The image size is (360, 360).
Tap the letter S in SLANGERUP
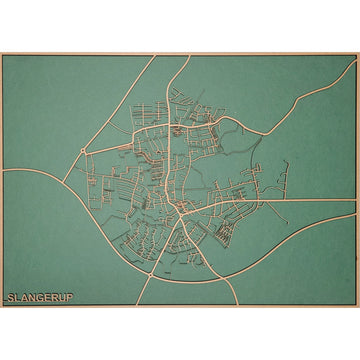coord(10,297)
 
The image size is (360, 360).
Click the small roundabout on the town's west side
coord(81,153)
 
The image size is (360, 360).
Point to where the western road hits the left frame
coord(3,169)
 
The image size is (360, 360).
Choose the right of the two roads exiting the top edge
coord(186,56)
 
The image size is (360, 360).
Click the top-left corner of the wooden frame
coord(2,54)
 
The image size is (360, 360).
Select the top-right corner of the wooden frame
coord(358,54)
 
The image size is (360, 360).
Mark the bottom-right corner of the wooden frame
coord(358,306)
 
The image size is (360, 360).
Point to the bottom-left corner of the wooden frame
coord(2,306)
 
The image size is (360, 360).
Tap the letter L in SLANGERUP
coord(16,297)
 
